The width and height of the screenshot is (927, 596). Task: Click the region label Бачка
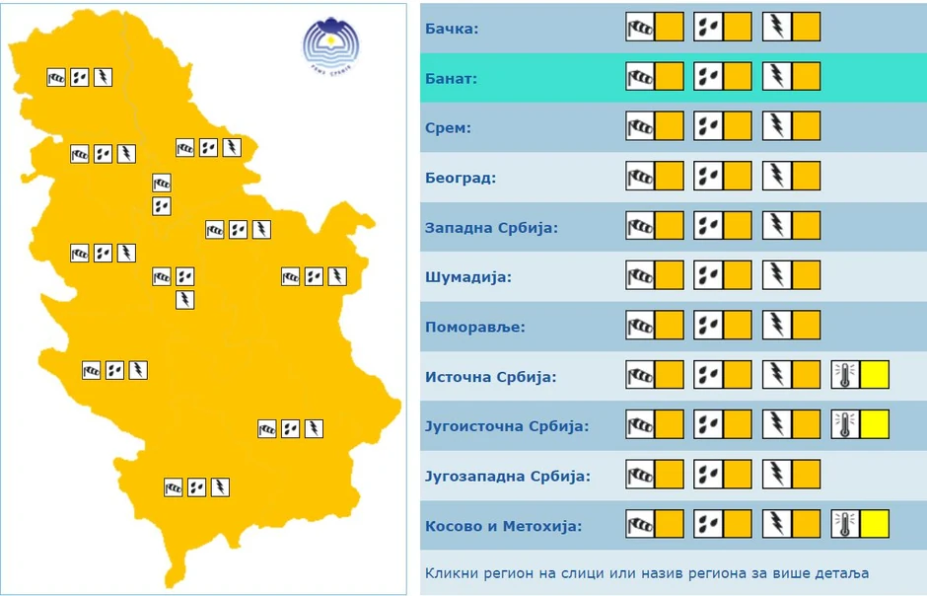[452, 28]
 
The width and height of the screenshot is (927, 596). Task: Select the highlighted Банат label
[451, 78]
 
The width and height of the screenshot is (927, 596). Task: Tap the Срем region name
[448, 128]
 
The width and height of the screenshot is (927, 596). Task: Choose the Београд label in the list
[460, 179]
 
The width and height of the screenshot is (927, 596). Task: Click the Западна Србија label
[491, 228]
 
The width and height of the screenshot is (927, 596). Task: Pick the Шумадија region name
[467, 277]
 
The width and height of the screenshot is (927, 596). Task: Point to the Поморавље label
[475, 327]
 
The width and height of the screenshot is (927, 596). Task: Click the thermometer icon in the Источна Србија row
[845, 376]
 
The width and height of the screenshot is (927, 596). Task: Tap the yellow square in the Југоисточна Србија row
[875, 425]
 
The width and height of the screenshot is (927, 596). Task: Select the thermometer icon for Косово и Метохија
[845, 525]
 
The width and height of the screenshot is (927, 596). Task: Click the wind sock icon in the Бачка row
[640, 28]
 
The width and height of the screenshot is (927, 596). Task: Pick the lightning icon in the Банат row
[777, 77]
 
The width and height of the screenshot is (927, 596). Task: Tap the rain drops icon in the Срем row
[708, 127]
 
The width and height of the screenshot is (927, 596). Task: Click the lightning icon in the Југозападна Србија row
[777, 476]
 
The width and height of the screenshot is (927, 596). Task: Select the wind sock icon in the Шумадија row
[640, 276]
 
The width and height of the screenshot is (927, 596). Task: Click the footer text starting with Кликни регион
[646, 573]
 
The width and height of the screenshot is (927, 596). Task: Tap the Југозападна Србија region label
[507, 477]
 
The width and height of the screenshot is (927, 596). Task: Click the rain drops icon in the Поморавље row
[708, 326]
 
